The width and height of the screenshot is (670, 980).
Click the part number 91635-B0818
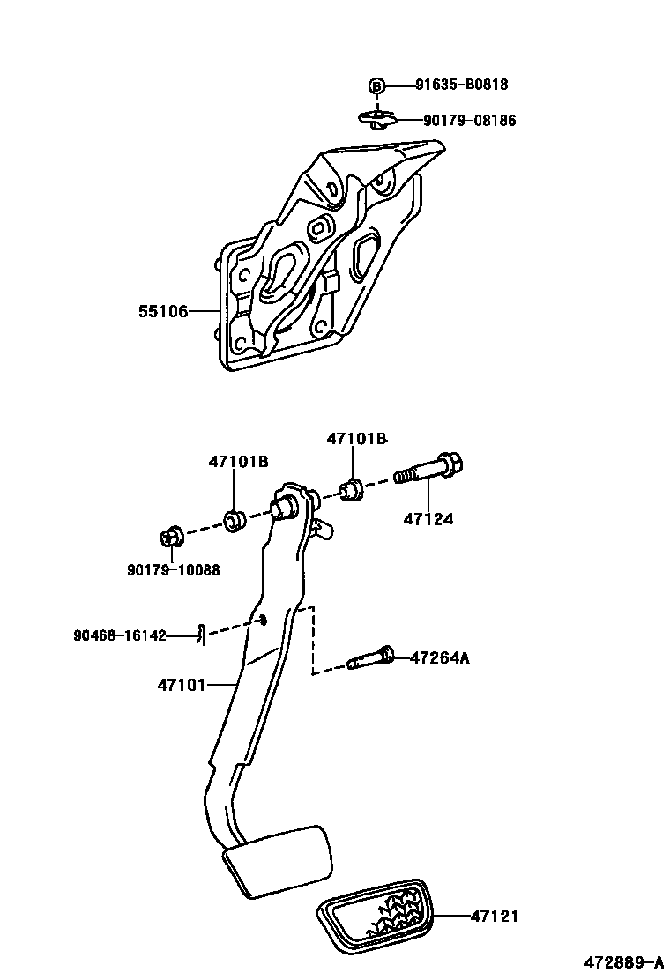pos(462,85)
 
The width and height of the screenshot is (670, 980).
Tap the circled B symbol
pos(376,85)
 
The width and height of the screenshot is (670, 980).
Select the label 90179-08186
pos(469,121)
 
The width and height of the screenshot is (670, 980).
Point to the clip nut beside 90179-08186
pos(376,118)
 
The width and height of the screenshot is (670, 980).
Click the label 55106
pos(163,311)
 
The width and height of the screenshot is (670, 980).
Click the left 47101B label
pos(238,461)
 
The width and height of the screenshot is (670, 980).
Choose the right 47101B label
pos(356,438)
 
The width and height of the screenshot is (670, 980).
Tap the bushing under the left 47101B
pos(234,521)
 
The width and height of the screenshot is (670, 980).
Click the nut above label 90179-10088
pos(171,537)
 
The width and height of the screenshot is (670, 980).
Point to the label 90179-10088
pos(173,570)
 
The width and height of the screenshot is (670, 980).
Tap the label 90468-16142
pos(121,635)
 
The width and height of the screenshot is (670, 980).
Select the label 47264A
pos(439,657)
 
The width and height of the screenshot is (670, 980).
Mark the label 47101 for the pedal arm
pos(182,683)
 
